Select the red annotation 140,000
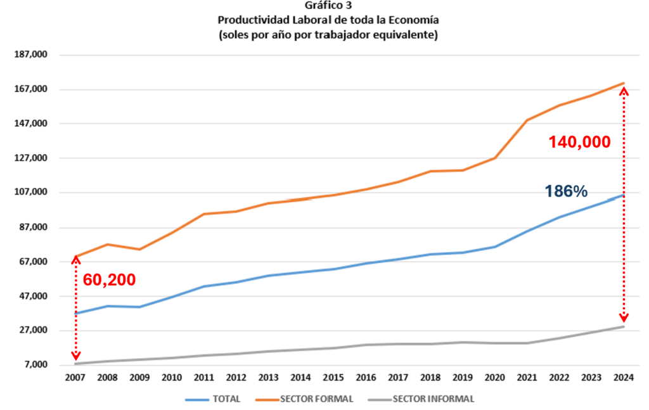coord(579,142)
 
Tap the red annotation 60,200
coord(109,279)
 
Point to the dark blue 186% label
coord(566,191)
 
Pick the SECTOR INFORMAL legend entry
coord(433,399)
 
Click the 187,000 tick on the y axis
coord(30,55)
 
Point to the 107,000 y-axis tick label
coord(30,193)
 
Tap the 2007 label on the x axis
coord(76,379)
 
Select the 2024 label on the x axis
coord(624,379)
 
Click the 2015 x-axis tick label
coord(333,379)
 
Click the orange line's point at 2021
coord(527,120)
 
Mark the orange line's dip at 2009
coord(139,249)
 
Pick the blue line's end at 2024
coord(624,195)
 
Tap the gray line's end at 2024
coord(624,326)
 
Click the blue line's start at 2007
coord(75,313)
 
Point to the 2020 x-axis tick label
coord(494,379)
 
